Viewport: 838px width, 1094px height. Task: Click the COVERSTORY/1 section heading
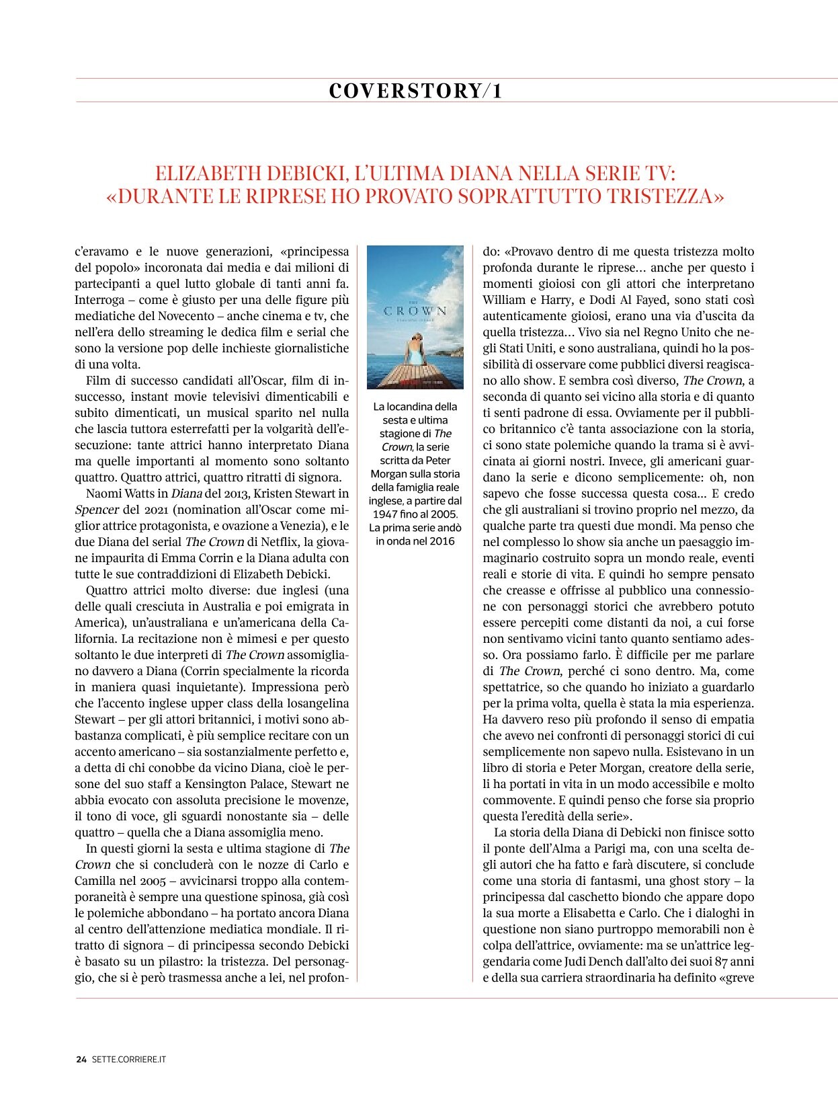click(x=415, y=91)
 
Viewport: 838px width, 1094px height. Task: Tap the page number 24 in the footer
click(x=81, y=1059)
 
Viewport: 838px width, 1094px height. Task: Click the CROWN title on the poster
click(x=415, y=311)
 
